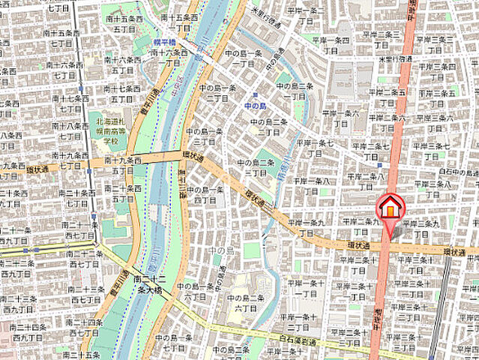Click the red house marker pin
[389, 207]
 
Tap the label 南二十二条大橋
[148, 283]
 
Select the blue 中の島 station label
[255, 106]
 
